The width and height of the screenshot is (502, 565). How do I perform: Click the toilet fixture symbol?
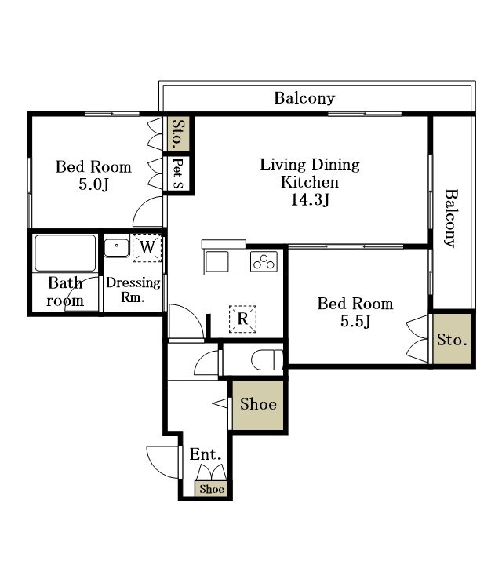[x=267, y=359]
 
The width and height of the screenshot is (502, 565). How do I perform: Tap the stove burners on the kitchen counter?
[x=264, y=261]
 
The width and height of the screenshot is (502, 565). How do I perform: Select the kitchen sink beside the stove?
[x=216, y=261]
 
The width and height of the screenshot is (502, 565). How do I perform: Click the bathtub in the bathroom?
[x=65, y=253]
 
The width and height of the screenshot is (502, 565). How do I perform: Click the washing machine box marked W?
[x=147, y=247]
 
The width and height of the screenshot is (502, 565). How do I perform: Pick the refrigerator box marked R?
[x=242, y=319]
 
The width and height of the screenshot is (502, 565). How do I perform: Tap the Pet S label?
[x=178, y=173]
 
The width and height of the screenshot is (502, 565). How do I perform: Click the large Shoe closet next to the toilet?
[x=258, y=405]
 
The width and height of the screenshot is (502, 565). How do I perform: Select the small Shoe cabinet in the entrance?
[x=212, y=489]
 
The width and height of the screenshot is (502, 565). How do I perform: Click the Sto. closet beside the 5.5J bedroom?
[x=452, y=339]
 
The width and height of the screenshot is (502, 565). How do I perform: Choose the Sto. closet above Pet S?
[x=179, y=133]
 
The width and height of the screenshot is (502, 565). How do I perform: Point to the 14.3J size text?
[x=310, y=199]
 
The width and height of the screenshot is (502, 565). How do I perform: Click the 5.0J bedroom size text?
[x=93, y=184]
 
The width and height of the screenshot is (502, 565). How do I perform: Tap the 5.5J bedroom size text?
[x=355, y=321]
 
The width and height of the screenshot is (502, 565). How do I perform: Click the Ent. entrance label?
[x=206, y=454]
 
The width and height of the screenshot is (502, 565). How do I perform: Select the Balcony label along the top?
[x=304, y=98]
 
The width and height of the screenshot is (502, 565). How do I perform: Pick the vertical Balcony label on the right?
[x=451, y=218]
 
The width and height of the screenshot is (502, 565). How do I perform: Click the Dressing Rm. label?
[x=133, y=290]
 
